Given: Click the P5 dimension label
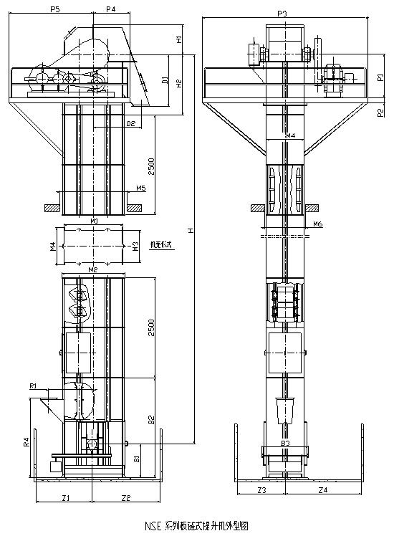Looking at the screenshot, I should point(55,9).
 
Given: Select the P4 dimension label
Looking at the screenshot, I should point(110,9).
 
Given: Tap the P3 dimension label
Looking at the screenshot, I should point(282,13).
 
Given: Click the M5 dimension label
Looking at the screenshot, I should point(140,188).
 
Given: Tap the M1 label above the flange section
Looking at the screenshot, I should point(94,221).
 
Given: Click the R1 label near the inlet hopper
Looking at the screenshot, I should point(33,386).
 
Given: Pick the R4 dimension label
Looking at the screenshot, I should point(26,442).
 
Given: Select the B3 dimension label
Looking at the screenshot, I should point(285,444).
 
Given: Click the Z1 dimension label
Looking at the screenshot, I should point(65,497).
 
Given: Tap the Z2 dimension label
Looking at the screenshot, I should point(125,497).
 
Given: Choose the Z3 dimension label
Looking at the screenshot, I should point(261,490).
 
